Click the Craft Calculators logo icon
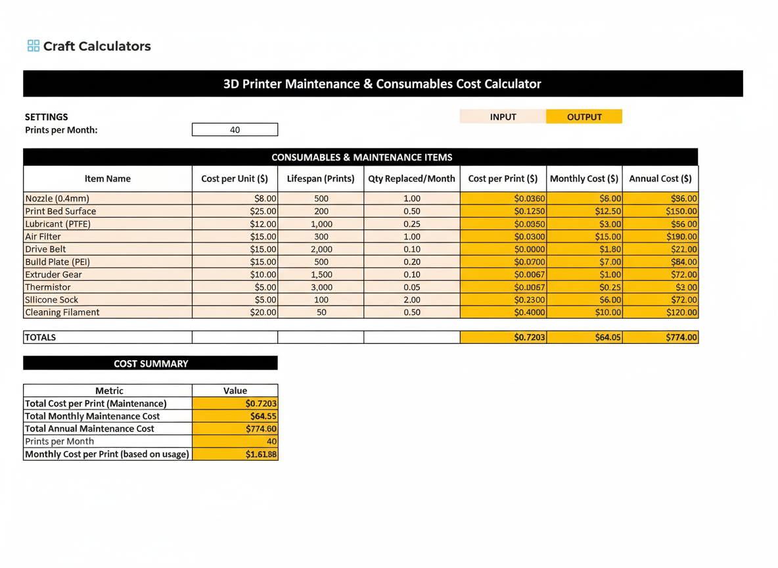click(33, 46)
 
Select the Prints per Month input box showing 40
click(235, 130)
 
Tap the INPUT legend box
click(503, 117)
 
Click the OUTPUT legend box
click(584, 117)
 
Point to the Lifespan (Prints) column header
click(321, 179)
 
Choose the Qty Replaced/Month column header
click(411, 179)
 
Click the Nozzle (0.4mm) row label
click(57, 199)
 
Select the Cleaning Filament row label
click(62, 312)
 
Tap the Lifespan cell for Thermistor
click(321, 287)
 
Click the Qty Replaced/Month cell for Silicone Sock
click(412, 300)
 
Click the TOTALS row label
click(41, 337)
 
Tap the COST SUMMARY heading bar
click(150, 364)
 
